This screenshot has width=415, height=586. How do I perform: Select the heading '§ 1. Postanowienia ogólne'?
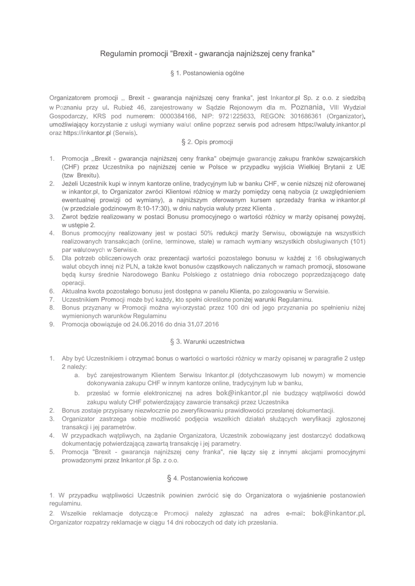207,74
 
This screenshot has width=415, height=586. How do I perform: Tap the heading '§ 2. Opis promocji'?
207,141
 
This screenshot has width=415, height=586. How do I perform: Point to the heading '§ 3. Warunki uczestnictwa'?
207,342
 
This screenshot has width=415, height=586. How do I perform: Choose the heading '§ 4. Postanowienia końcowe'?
207,477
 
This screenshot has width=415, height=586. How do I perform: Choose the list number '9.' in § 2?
52,324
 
